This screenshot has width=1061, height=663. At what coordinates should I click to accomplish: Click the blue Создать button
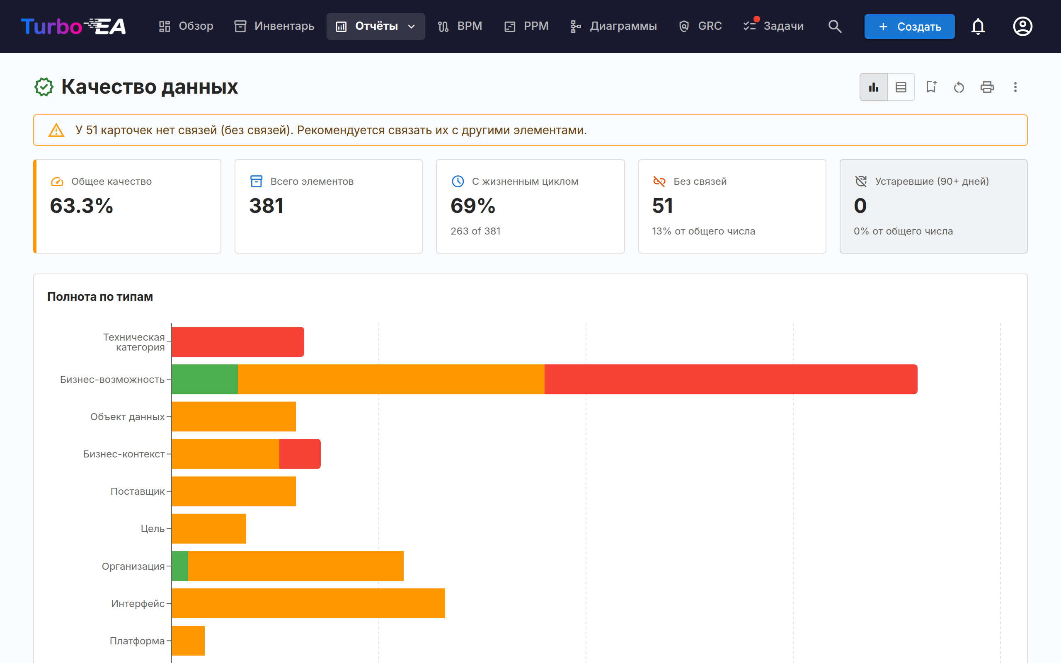[x=909, y=26]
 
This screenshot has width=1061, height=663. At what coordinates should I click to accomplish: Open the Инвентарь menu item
[x=274, y=26]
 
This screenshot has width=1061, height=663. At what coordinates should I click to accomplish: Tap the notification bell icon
[x=978, y=26]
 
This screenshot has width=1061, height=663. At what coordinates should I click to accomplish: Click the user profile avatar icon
[x=1022, y=26]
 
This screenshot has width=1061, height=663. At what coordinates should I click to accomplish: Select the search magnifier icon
[x=835, y=26]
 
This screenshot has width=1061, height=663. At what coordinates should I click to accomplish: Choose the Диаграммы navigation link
[x=613, y=26]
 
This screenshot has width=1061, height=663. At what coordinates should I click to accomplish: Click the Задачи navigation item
[x=773, y=26]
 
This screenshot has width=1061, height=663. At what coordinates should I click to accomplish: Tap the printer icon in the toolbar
[x=987, y=87]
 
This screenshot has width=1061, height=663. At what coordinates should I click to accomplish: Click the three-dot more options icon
[x=1015, y=87]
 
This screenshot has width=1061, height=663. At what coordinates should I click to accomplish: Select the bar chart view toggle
[x=873, y=87]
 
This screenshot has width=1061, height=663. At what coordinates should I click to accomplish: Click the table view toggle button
[x=901, y=87]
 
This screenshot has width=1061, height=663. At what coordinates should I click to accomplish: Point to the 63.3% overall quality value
[x=82, y=206]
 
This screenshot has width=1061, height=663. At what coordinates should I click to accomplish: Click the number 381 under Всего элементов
[x=266, y=206]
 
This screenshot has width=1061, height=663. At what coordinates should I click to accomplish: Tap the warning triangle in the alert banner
[x=56, y=130]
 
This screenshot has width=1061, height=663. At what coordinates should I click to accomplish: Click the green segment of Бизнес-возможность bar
[x=205, y=379]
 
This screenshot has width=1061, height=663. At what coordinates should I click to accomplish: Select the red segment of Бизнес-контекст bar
[x=300, y=454]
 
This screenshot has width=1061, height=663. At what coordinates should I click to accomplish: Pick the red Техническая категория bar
[x=237, y=341]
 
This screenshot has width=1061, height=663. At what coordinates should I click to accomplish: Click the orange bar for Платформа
[x=188, y=641]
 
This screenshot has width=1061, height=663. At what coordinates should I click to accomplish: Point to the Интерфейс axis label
[x=138, y=603]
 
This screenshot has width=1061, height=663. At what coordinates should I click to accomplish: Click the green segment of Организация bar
[x=180, y=566]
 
